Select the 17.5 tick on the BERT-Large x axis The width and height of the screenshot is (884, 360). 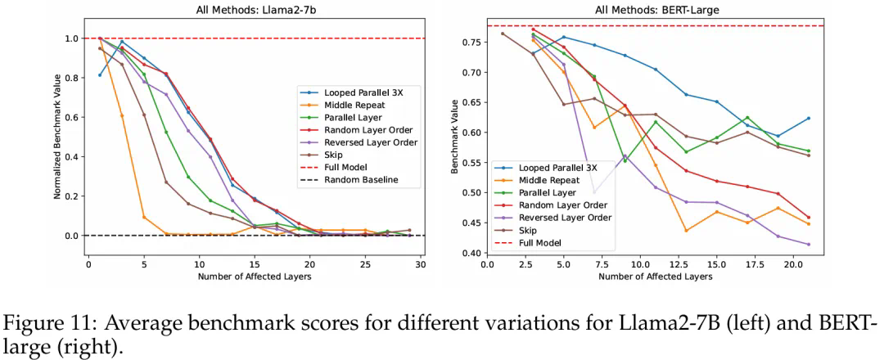(748, 264)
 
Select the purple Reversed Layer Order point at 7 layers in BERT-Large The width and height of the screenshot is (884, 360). (593, 192)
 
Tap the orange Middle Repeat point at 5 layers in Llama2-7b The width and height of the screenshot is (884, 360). (144, 217)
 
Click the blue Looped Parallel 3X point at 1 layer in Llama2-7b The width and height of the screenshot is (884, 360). (100, 75)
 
